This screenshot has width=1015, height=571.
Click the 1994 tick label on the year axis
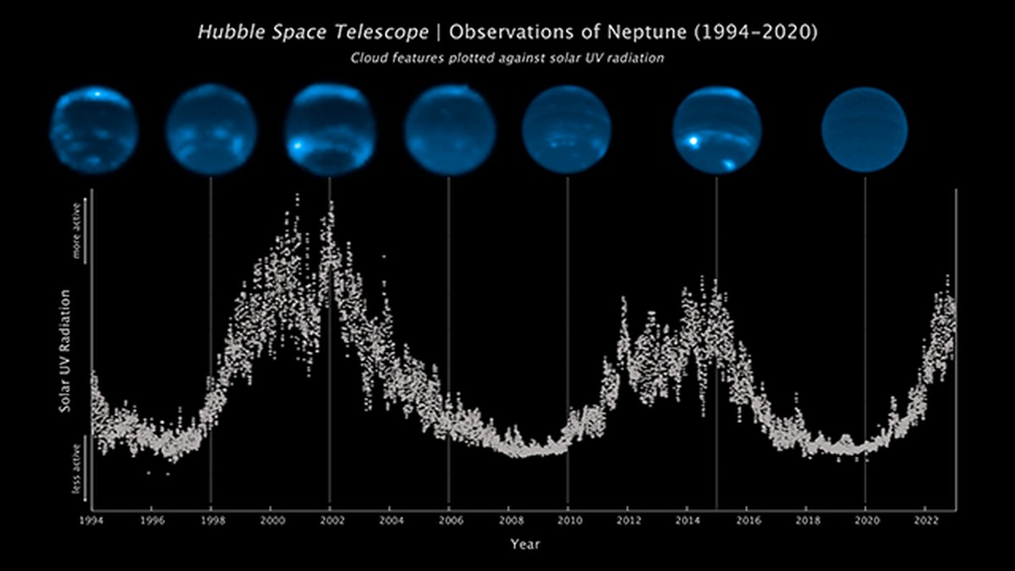pyautogui.click(x=91, y=519)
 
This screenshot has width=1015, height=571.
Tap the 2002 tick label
pyautogui.click(x=330, y=519)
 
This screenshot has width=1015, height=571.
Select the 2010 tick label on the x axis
pyautogui.click(x=568, y=519)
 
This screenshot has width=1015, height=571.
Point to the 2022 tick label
pyautogui.click(x=924, y=519)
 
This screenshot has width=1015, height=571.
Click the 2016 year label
pyautogui.click(x=746, y=519)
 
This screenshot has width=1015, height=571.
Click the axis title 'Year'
pyautogui.click(x=524, y=544)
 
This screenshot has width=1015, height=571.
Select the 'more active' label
pyautogui.click(x=75, y=230)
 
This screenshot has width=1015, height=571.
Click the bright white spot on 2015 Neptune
pyautogui.click(x=694, y=142)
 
